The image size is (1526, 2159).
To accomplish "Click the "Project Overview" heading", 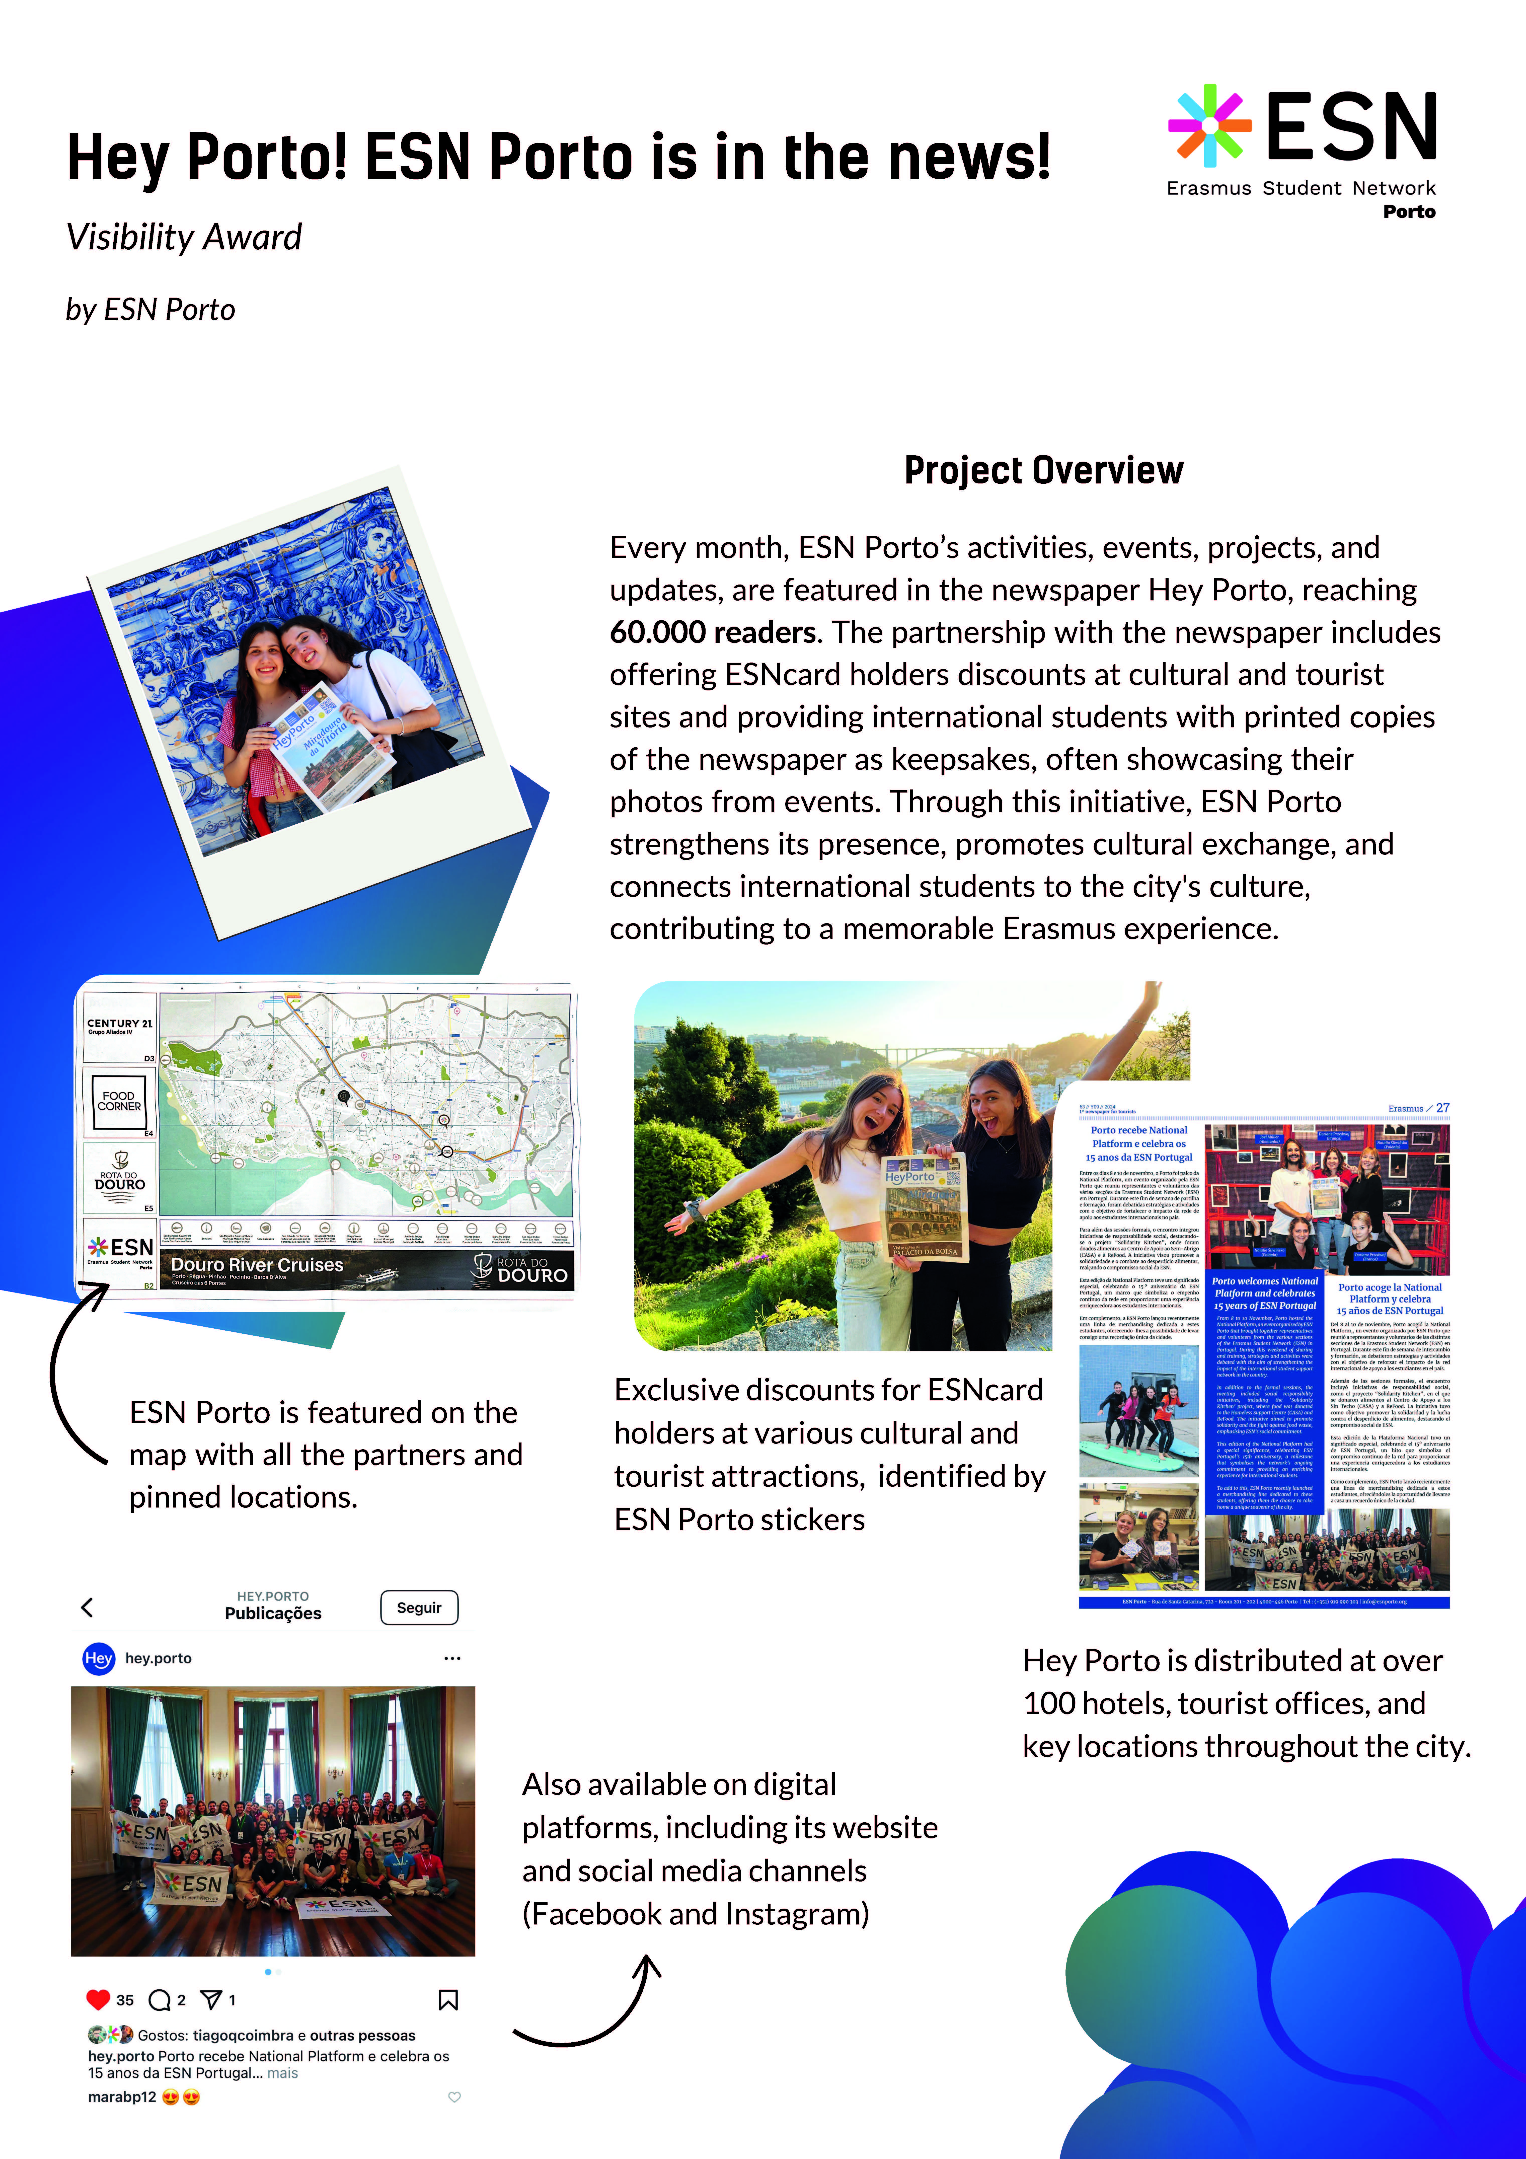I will pos(1044,470).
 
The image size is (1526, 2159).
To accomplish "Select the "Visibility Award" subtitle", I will pos(184,237).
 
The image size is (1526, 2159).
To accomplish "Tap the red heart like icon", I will pos(98,1999).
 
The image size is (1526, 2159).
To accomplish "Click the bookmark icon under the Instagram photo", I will pos(448,2000).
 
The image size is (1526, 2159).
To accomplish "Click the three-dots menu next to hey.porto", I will pos(452,1658).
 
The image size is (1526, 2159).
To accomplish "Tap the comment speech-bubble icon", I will pos(160,2000).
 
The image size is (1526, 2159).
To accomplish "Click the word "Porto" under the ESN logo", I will pos(1408,211).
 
